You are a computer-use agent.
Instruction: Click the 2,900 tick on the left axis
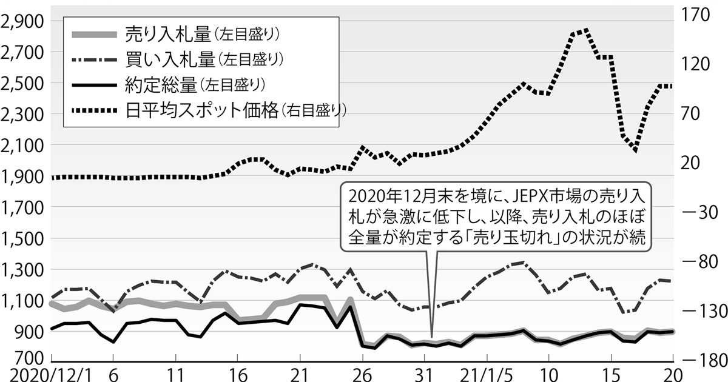(x=23, y=21)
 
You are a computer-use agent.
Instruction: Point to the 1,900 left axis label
(x=23, y=176)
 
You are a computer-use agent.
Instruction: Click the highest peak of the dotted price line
(x=585, y=30)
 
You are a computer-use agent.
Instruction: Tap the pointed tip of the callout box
(x=431, y=337)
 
